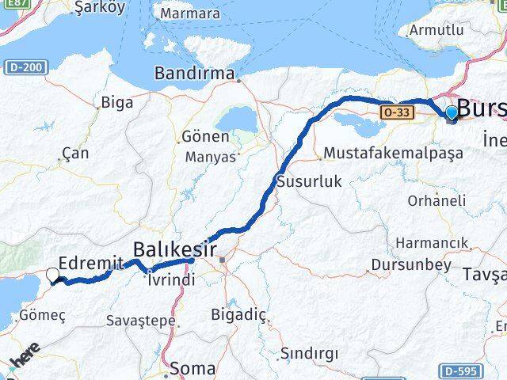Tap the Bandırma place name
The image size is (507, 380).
[194, 74]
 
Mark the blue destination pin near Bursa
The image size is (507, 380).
[452, 114]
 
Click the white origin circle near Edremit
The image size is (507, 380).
[53, 275]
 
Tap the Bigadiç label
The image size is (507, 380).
[238, 314]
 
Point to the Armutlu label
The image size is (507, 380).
[435, 30]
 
